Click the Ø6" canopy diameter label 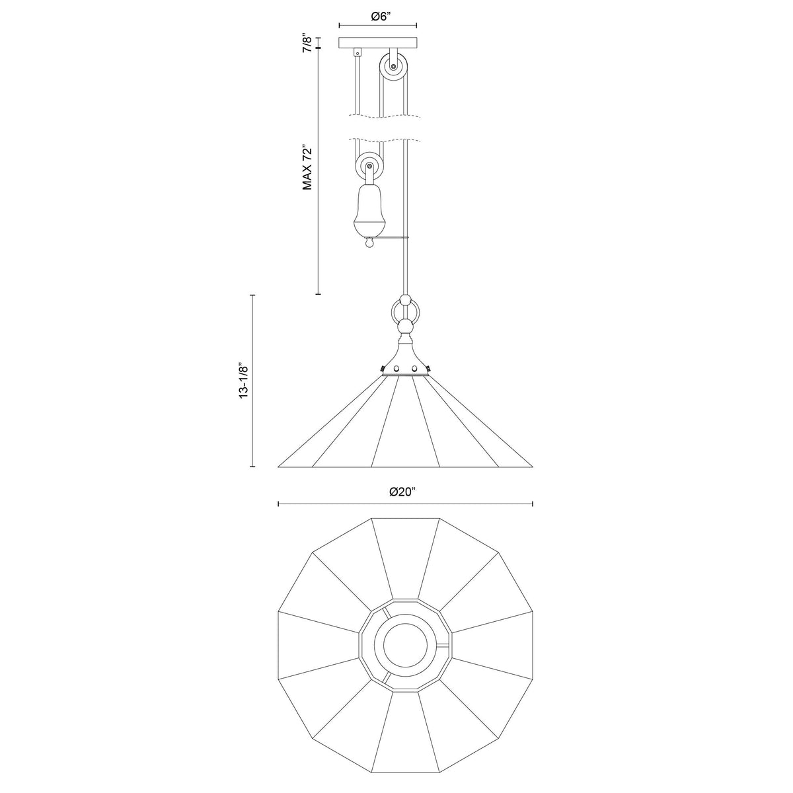click(x=380, y=17)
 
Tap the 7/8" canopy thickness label click(x=307, y=43)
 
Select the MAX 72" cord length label click(x=307, y=167)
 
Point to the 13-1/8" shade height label click(x=244, y=380)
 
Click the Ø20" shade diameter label click(x=403, y=492)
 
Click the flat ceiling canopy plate click(x=378, y=43)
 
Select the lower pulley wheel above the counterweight click(x=370, y=167)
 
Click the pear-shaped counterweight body click(x=370, y=210)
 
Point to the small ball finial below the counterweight click(x=370, y=244)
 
